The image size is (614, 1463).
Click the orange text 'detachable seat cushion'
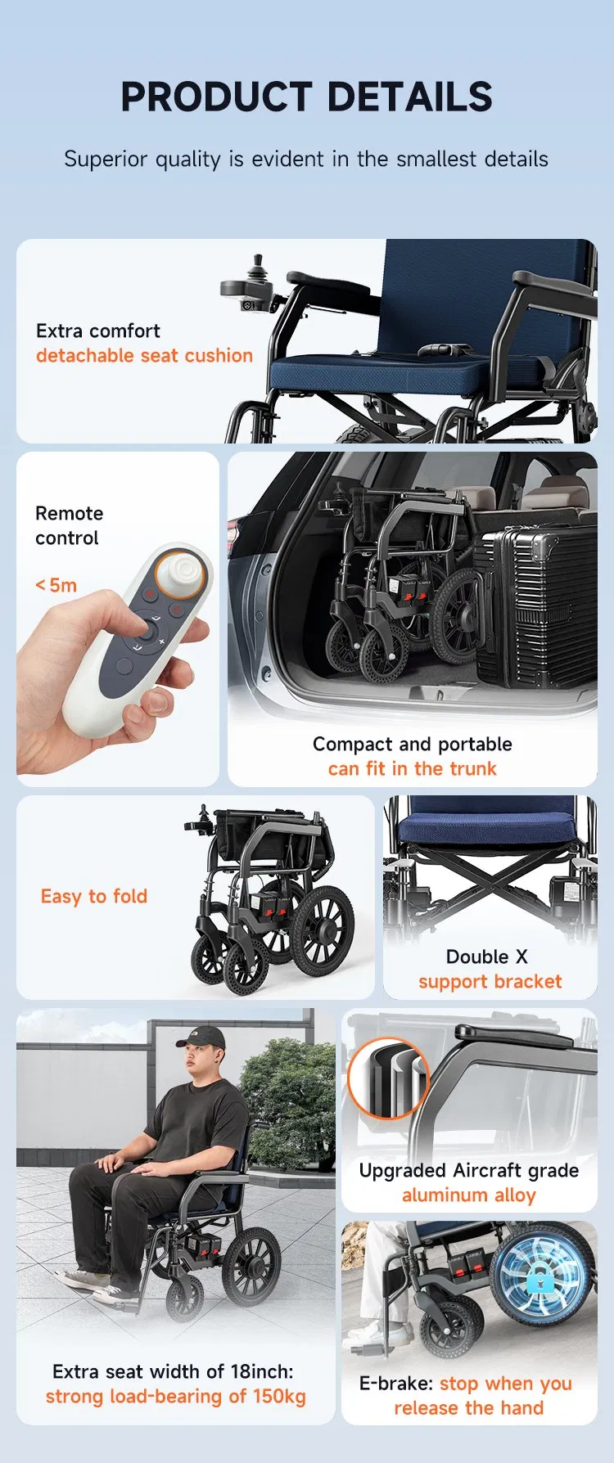(x=144, y=356)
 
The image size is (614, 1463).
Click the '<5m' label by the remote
(x=56, y=586)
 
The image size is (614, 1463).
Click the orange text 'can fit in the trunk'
(x=412, y=769)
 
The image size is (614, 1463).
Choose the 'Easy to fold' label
(x=94, y=897)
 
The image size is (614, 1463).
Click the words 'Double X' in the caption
(x=487, y=957)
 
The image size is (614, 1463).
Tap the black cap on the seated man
(x=201, y=1038)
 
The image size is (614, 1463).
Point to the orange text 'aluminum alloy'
(x=468, y=1195)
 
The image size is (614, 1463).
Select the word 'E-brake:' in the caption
(x=396, y=1384)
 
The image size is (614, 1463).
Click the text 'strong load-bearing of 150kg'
(x=175, y=1397)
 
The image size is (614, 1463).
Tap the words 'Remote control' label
(x=69, y=525)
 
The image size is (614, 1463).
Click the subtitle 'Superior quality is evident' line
(x=306, y=159)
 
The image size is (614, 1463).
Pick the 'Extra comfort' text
(x=98, y=331)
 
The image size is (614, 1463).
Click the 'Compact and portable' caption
(x=412, y=745)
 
